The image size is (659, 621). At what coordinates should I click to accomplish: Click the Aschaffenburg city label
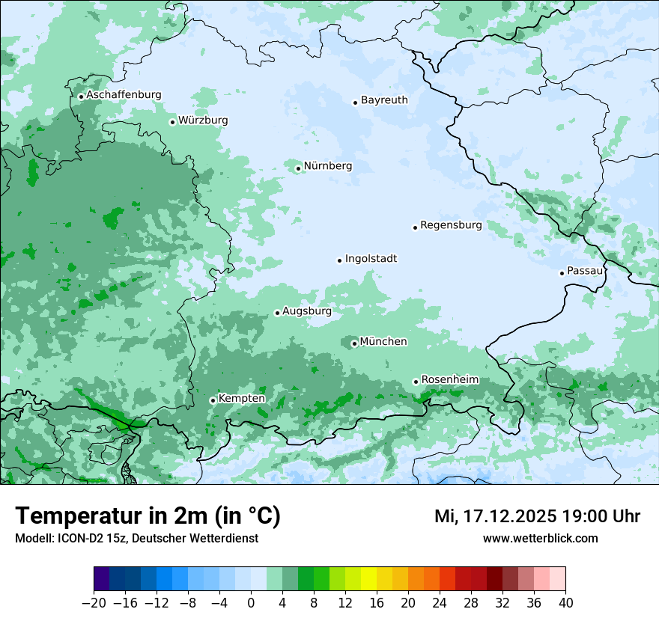(124, 95)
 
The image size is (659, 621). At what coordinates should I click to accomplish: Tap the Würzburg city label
(203, 120)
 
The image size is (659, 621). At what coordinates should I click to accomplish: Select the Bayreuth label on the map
(384, 100)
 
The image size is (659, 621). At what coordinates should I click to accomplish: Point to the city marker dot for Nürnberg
(298, 168)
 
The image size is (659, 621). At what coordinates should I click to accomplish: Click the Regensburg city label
(451, 225)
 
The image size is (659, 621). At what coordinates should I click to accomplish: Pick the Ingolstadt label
(371, 259)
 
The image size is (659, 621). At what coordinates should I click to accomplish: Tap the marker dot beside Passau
(562, 273)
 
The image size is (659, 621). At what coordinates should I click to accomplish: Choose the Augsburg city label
(307, 311)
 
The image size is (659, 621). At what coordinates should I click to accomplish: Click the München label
(383, 342)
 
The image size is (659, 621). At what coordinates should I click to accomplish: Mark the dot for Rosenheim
(416, 382)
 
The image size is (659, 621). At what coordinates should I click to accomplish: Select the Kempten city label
(241, 399)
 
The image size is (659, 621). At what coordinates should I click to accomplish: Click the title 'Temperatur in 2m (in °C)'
(148, 516)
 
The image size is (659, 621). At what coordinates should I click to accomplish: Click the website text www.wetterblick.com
(540, 538)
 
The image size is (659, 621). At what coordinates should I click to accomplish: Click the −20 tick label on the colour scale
(94, 603)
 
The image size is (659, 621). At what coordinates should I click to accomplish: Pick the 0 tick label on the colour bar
(251, 603)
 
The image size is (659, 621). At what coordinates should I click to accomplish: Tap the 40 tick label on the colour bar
(565, 603)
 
